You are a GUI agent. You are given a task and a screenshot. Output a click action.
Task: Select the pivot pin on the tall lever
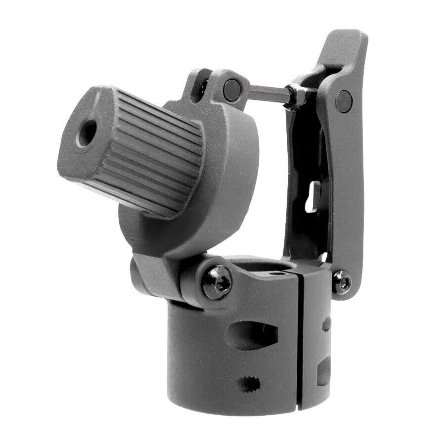(x=344, y=101)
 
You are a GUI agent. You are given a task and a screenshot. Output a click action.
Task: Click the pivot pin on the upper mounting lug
(x=232, y=90)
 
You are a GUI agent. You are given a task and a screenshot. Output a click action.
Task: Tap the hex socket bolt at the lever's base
(x=342, y=282)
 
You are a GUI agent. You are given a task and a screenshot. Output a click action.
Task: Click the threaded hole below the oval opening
(x=248, y=384)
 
